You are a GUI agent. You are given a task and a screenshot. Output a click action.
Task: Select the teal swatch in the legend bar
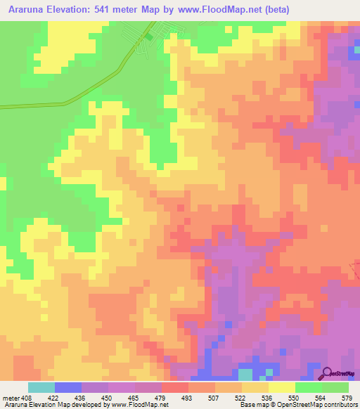41,387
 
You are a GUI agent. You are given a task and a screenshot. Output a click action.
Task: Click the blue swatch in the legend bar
67,387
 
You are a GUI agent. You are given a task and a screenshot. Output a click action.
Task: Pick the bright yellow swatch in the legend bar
281,387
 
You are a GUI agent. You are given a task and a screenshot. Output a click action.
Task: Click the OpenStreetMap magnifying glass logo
328,374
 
